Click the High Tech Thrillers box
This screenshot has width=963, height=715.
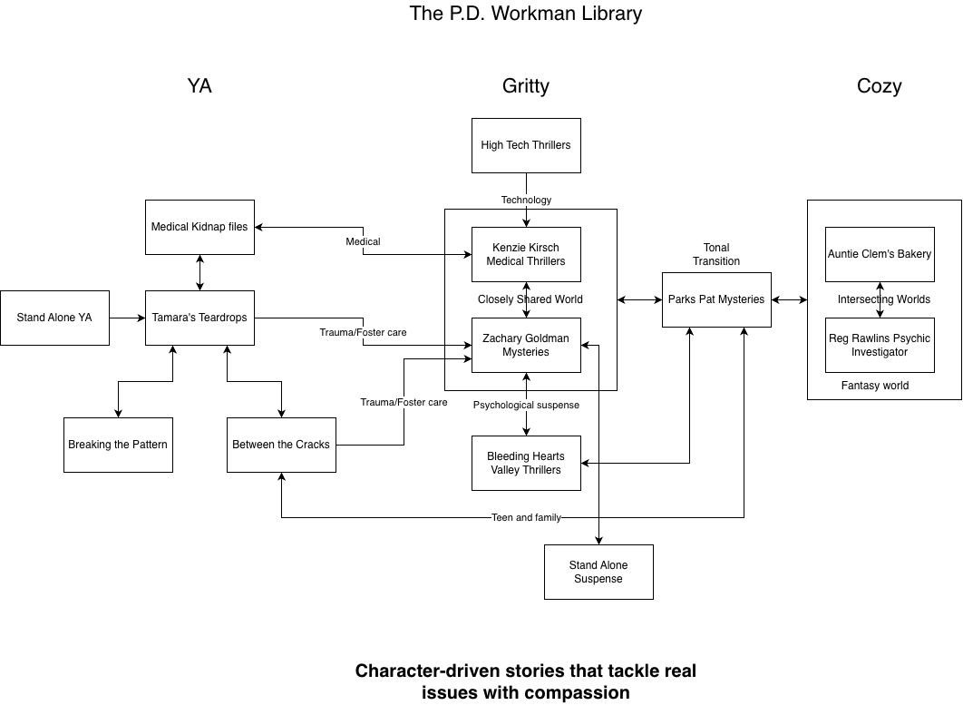pyautogui.click(x=526, y=145)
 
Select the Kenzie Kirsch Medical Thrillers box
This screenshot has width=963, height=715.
pyautogui.click(x=526, y=254)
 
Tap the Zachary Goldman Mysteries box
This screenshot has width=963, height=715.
pyautogui.click(x=526, y=345)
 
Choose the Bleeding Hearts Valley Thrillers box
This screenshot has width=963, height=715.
pyautogui.click(x=526, y=463)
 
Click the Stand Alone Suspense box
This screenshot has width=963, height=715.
pyautogui.click(x=598, y=572)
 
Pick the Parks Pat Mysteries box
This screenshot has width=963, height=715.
pyautogui.click(x=716, y=299)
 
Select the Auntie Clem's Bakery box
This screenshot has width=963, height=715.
pyautogui.click(x=880, y=254)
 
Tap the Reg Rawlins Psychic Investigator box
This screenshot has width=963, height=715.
pyautogui.click(x=880, y=345)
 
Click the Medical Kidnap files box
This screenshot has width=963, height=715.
pyautogui.click(x=199, y=227)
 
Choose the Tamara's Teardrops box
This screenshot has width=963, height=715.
pyautogui.click(x=199, y=318)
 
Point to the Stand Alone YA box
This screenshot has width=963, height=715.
pyautogui.click(x=54, y=318)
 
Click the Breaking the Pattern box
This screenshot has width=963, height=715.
pyautogui.click(x=118, y=445)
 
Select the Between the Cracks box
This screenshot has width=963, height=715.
pyautogui.click(x=281, y=445)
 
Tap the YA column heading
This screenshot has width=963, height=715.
pyautogui.click(x=199, y=86)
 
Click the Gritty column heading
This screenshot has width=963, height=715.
pyautogui.click(x=526, y=86)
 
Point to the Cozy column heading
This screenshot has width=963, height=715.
pyautogui.click(x=879, y=86)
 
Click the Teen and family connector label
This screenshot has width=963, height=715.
pyautogui.click(x=526, y=517)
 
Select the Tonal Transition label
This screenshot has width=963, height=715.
pyautogui.click(x=716, y=254)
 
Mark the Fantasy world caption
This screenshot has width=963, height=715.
pyautogui.click(x=875, y=386)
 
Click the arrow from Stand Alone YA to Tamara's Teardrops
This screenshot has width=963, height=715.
pyautogui.click(x=127, y=318)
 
